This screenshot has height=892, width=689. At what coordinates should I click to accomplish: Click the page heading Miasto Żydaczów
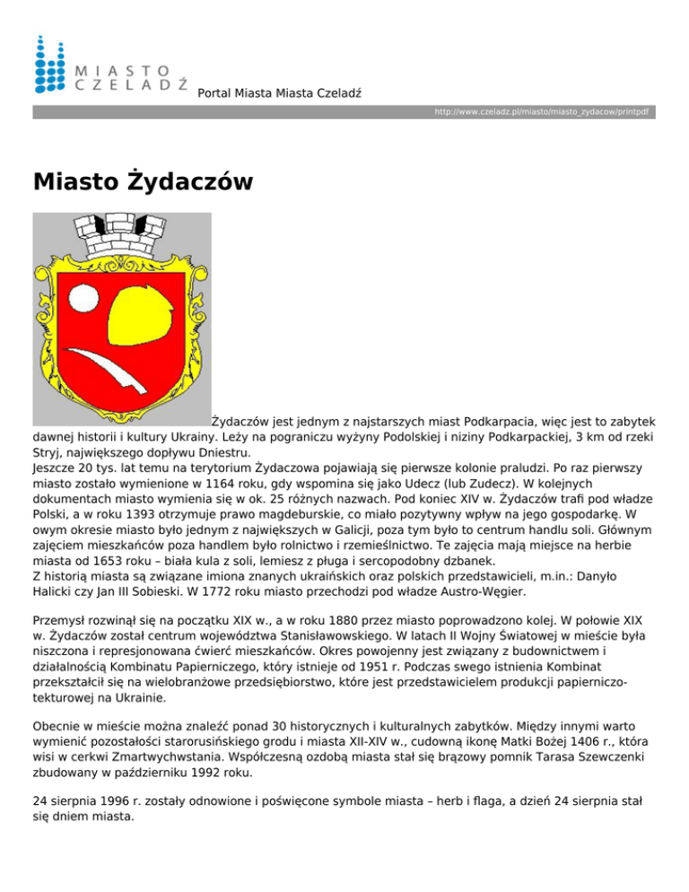point(143,182)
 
